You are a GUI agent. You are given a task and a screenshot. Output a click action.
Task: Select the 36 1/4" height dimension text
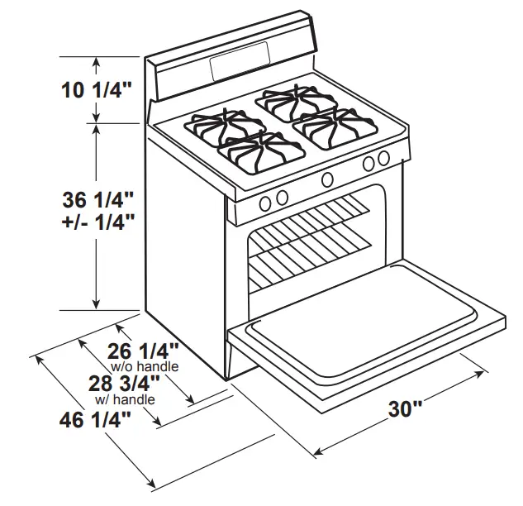[x=97, y=200]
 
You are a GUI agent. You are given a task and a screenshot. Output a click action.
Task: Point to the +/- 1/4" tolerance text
[x=97, y=222]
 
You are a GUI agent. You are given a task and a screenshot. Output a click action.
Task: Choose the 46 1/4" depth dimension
[x=96, y=419]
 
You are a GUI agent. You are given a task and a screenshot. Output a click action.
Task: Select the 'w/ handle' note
[x=125, y=399]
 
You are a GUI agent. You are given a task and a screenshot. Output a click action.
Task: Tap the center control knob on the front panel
[x=327, y=179]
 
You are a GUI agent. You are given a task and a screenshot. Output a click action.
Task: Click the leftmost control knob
[x=265, y=203]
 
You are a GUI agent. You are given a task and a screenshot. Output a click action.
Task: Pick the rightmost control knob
[x=383, y=159]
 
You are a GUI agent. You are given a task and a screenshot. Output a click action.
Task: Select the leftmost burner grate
[x=219, y=126]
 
